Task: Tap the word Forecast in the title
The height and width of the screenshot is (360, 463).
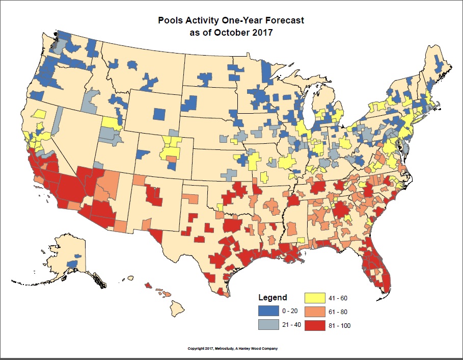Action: pyautogui.click(x=283, y=21)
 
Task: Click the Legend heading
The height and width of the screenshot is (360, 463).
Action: pyautogui.click(x=273, y=297)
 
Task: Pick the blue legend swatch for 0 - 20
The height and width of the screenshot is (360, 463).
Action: pyautogui.click(x=270, y=311)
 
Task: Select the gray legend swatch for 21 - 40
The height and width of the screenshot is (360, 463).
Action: pyautogui.click(x=270, y=325)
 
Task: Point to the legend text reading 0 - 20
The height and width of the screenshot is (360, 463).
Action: pyautogui.click(x=292, y=311)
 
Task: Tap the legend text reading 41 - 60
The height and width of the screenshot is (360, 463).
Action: pyautogui.click(x=339, y=298)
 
